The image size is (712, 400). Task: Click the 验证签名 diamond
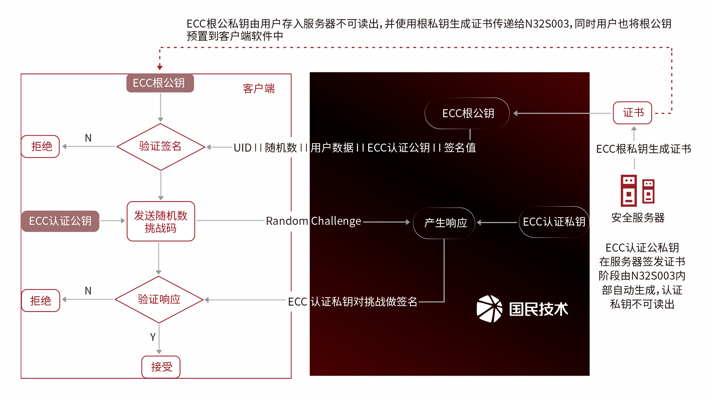160,147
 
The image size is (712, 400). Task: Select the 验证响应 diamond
159,300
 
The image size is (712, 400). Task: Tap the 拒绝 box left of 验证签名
40,146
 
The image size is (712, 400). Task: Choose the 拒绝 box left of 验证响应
40,300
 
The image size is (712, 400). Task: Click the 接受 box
161,367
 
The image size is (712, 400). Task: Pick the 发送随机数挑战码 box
161,222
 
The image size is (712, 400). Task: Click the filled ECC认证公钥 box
60,221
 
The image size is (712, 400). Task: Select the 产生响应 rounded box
445,223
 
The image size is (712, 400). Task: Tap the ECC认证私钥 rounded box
554,222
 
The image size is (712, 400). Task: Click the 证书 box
633,113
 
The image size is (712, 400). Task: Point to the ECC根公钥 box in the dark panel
468,113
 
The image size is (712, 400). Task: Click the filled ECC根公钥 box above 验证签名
160,83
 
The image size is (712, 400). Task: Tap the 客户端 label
259,88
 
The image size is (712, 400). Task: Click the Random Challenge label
313,221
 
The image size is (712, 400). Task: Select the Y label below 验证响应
153,337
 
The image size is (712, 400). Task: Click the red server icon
637,190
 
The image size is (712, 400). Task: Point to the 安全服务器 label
638,218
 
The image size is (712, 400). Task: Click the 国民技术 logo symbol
490,309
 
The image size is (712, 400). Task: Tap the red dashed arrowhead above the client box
160,67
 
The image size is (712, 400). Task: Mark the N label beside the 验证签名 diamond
88,138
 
